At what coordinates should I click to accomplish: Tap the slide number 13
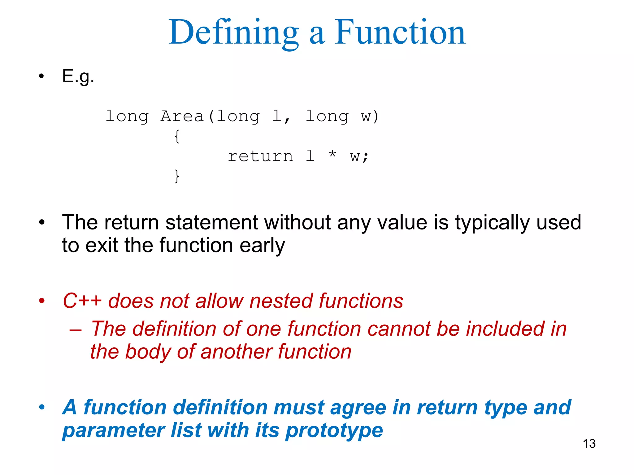click(x=589, y=444)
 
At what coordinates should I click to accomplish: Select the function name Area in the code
click(x=182, y=117)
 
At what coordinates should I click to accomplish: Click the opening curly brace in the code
click(x=177, y=136)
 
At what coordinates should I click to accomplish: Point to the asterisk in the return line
click(x=332, y=154)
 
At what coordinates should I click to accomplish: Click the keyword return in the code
click(x=260, y=156)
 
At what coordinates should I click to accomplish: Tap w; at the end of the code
click(x=359, y=156)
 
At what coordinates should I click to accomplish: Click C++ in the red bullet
click(x=82, y=301)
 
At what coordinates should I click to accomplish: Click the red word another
click(x=236, y=352)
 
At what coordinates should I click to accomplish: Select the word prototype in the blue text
click(x=334, y=430)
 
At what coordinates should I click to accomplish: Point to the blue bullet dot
click(x=42, y=407)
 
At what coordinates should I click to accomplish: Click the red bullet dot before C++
click(x=42, y=301)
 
